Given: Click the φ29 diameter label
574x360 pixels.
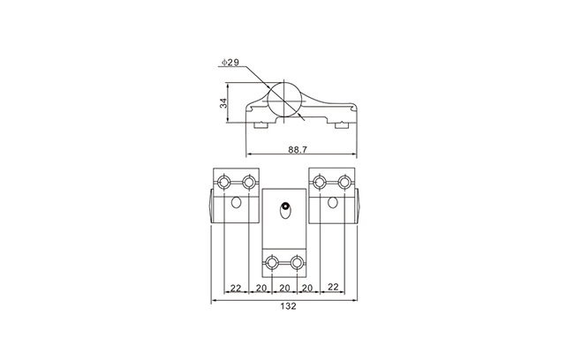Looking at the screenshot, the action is pos(230,62).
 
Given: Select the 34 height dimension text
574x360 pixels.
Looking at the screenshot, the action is pos(223,103).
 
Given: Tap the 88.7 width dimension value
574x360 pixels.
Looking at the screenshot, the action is pos(298,149).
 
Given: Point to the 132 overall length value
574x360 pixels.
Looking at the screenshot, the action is pos(288,306).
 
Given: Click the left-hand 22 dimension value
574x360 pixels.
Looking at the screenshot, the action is pos(236,288).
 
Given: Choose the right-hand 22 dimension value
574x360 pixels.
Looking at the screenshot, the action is pos(333,287).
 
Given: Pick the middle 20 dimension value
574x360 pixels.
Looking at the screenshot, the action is pos(284,288).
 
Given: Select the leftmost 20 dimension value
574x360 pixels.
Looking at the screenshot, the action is pos(261,288).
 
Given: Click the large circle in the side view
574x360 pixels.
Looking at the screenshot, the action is pos(284,100).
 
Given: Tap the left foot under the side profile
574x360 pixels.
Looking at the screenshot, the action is pos(261,125).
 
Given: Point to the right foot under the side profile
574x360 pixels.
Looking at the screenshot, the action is pos(342,125).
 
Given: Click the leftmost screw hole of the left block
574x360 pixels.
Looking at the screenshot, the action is pos(223,182).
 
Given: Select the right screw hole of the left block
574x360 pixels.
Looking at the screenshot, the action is pos(248,182).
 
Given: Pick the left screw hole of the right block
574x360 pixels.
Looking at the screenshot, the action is pos(320,182).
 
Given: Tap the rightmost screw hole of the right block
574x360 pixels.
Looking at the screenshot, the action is pos(344,182).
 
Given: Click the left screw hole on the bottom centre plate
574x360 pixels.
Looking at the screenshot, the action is pos(272,262).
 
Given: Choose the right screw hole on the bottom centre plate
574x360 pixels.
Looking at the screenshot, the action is pos(297,262).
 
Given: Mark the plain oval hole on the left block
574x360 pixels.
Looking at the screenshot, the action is pos(236,202).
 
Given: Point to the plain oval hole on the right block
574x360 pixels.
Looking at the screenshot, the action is pos(332,202).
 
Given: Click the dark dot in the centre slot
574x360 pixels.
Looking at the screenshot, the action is pos(285,206).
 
